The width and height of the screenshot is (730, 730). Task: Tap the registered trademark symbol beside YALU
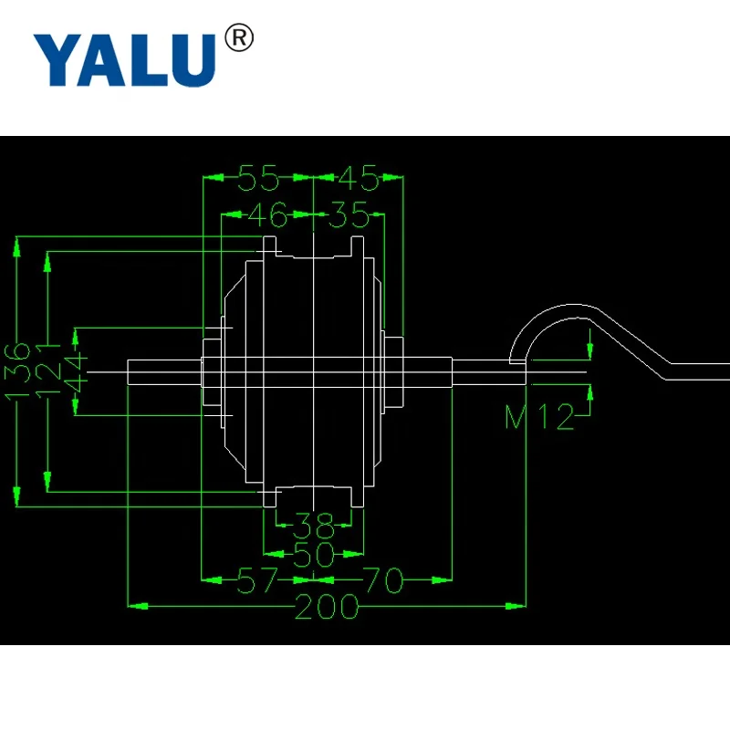pos(238,39)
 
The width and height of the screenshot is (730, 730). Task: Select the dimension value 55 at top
pos(258,179)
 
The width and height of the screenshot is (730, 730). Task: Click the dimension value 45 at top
pos(358,179)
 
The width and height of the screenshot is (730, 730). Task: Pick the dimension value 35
pos(349,217)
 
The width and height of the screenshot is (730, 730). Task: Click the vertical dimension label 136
pos(16,371)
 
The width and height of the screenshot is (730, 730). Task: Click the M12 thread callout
pos(540,417)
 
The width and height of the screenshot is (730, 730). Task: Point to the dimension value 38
pos(312,524)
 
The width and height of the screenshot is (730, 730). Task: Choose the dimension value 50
pos(313,553)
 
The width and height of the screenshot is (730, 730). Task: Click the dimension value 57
pos(258,580)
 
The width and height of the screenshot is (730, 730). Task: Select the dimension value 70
pos(382,580)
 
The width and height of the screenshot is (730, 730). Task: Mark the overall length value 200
pos(326,607)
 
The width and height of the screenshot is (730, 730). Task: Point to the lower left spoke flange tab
pos(270,497)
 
